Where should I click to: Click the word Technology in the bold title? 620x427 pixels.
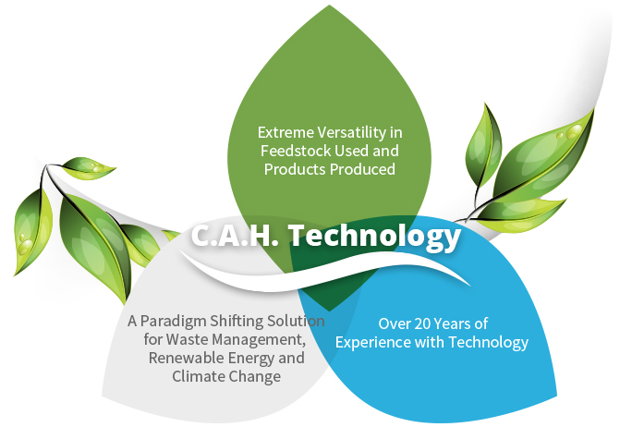point(375,236)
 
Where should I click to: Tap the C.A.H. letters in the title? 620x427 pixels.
point(235,235)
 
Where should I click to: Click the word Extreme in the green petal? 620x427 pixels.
point(280,132)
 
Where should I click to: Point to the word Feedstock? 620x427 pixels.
point(296,151)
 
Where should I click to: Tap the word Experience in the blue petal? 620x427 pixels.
point(373,342)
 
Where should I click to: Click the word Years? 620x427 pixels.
point(453,323)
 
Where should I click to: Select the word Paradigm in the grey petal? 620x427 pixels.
point(173,321)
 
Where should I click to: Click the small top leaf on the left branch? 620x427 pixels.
point(88,167)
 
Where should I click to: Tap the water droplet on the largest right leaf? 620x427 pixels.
point(574,131)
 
